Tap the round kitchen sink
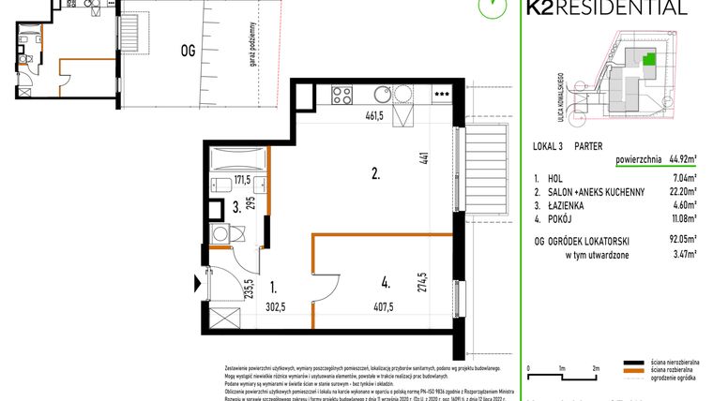tap(382, 94)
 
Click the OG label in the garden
tap(189, 52)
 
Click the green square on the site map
tap(648, 60)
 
